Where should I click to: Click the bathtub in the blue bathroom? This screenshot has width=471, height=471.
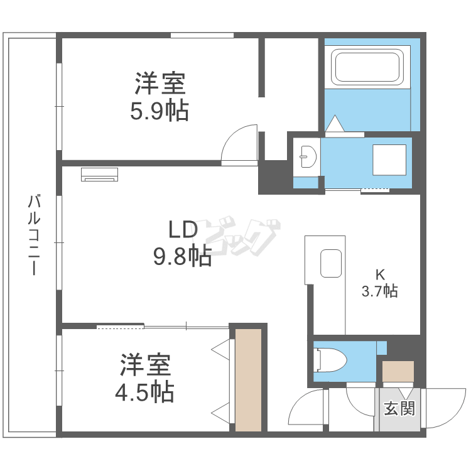point(368,67)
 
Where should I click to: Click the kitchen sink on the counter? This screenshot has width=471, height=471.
point(332,264)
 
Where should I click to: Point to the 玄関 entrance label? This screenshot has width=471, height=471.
point(399,409)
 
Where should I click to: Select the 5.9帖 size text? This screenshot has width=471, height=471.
point(160,111)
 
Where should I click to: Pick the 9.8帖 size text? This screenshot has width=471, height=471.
point(181,256)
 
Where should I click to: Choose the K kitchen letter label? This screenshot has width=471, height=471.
point(379,274)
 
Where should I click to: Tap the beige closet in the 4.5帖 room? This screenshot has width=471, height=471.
point(248,379)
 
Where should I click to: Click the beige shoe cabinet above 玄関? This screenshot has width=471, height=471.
point(398,371)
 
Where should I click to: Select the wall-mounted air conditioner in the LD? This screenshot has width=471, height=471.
point(100,174)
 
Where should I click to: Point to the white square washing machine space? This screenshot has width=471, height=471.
point(390,160)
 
